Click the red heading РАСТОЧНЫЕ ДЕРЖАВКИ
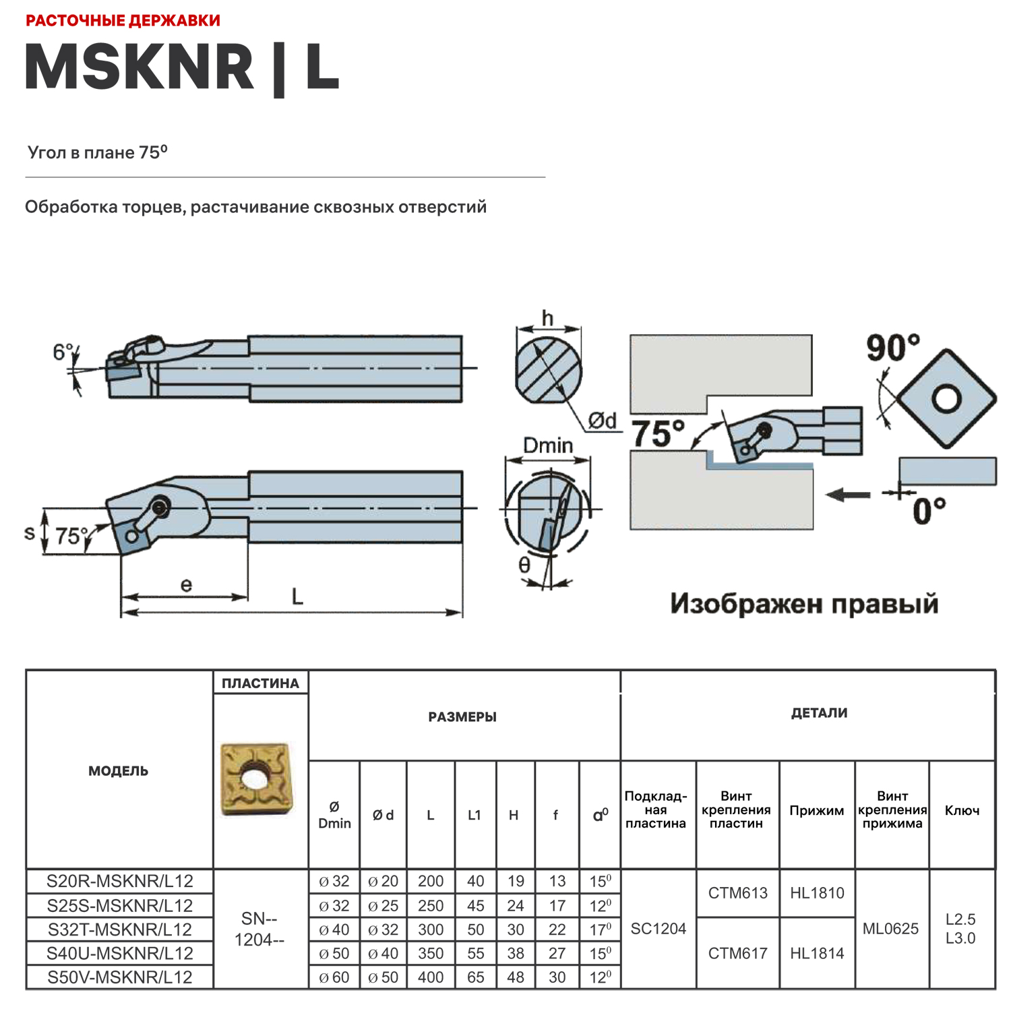[123, 20]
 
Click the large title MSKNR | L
[182, 67]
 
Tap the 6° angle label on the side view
[63, 352]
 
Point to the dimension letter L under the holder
[297, 596]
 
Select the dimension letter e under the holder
[186, 585]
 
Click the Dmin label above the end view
[547, 446]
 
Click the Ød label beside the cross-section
[602, 421]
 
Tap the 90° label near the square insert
[892, 348]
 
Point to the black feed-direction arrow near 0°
[848, 495]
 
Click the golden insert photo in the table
[257, 779]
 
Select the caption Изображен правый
[803, 603]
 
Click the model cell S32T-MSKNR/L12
[120, 929]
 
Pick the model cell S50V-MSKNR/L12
[120, 977]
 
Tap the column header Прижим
[816, 810]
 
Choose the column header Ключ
[962, 810]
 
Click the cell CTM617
[737, 953]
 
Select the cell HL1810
[817, 893]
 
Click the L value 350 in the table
[431, 953]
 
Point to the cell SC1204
[658, 929]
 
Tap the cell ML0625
[890, 929]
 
